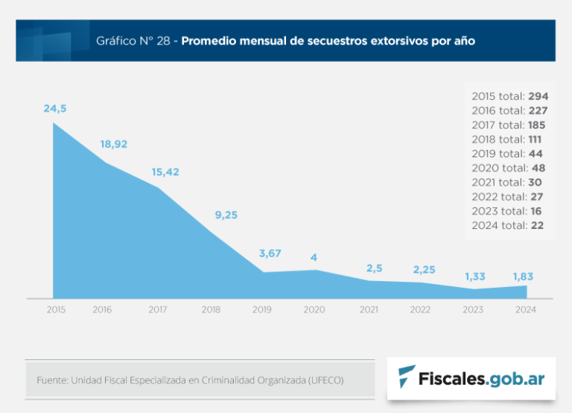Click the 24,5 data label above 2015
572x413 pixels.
55,109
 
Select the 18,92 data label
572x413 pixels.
113,144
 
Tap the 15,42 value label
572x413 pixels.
166,172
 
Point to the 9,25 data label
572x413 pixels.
226,215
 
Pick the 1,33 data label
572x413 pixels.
475,277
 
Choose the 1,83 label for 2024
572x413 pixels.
523,277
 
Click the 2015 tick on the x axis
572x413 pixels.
56,309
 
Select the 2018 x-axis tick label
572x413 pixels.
211,309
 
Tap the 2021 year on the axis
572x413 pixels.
369,309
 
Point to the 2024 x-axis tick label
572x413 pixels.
525,309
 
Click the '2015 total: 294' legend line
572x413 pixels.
510,96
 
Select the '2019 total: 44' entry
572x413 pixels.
507,154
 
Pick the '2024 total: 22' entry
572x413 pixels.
507,225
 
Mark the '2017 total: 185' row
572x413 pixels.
509,125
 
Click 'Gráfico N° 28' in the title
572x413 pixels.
134,40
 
